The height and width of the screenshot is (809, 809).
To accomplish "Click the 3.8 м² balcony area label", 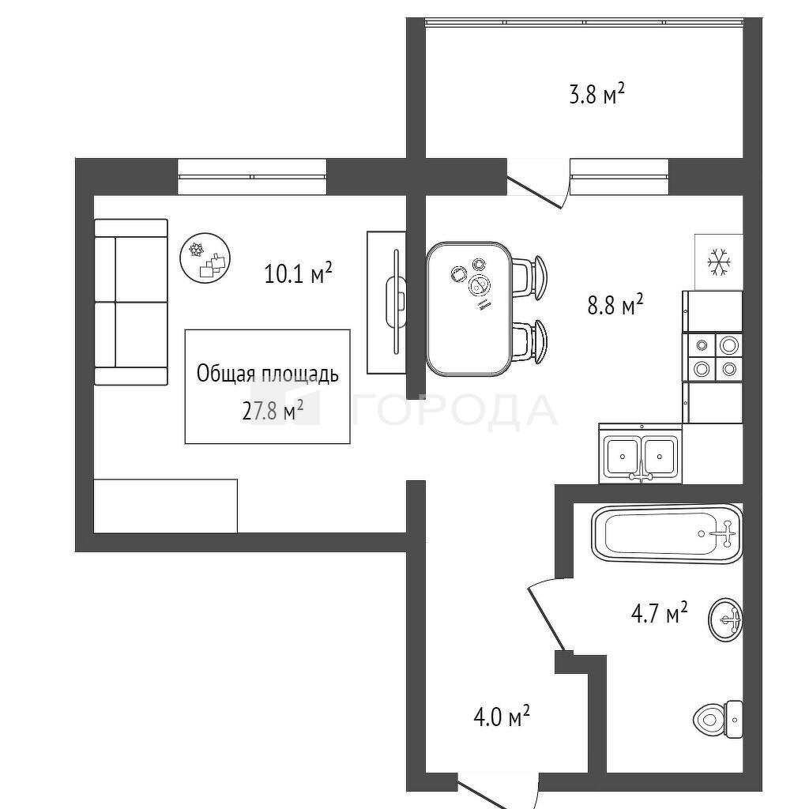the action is pos(597,95).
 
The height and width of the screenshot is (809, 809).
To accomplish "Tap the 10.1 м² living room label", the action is pos(298,273).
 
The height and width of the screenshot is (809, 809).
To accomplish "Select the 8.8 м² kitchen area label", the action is pos(615,304).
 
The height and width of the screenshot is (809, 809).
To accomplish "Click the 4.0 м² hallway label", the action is pos(502,717).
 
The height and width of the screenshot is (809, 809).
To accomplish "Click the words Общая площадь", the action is pos(268,374).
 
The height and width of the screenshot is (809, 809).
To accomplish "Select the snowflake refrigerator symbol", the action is pos(719,262).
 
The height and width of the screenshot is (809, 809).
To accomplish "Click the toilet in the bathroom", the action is pos(717,719).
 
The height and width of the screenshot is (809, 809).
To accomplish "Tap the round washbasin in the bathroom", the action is pos(725,619).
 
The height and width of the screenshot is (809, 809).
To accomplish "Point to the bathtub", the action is pos(667,533).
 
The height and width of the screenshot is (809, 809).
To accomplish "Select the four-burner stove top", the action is pos(713,358).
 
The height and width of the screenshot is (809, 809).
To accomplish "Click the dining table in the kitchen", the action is pos(469,309).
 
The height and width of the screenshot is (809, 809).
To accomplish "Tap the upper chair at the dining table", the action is pos(530,277).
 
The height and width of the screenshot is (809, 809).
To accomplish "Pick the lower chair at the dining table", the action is pos(530,341).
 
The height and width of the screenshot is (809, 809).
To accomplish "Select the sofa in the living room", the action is pos(131,302).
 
